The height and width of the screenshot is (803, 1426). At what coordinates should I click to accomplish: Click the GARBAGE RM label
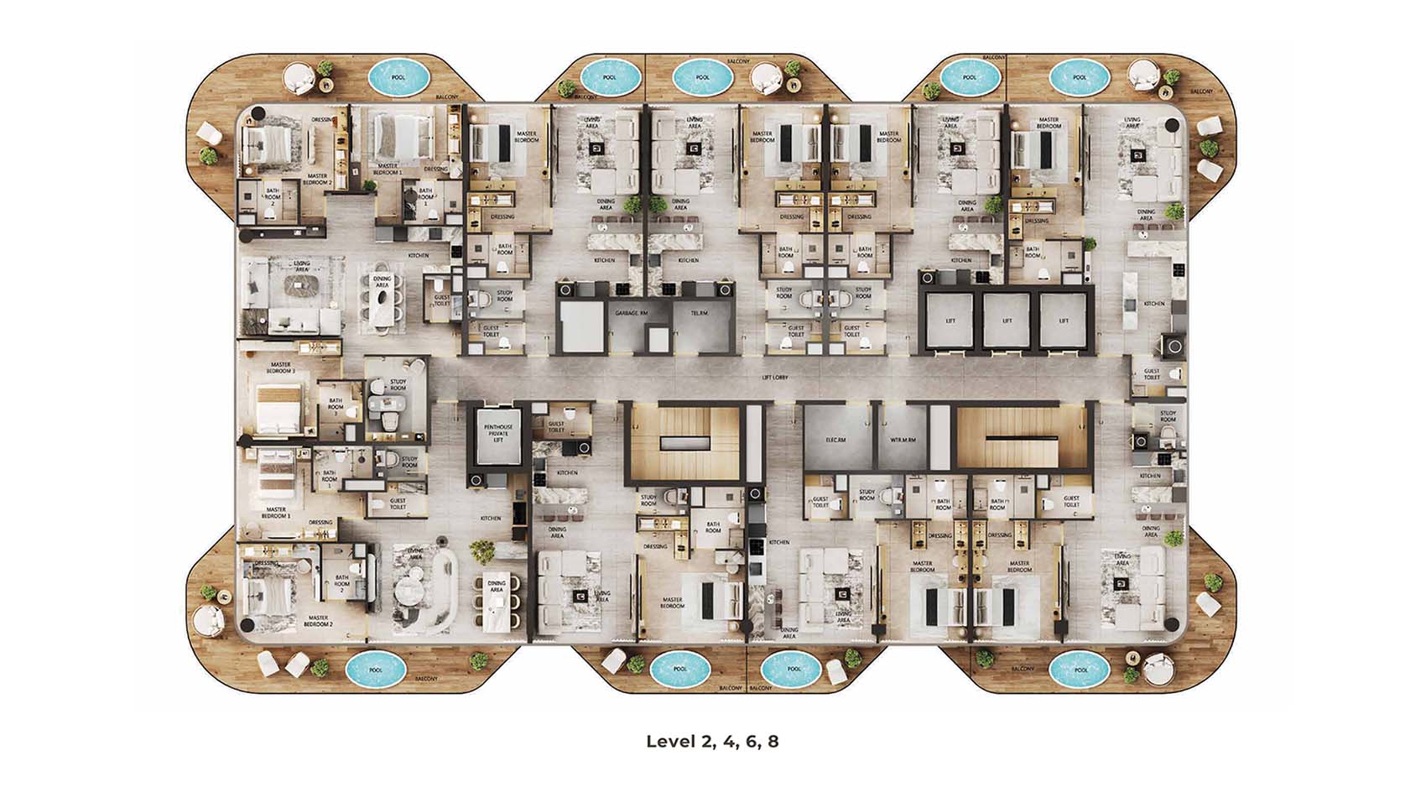(632, 313)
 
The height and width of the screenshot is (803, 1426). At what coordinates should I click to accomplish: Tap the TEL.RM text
(699, 313)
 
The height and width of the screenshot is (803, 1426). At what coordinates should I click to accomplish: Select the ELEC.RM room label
(834, 440)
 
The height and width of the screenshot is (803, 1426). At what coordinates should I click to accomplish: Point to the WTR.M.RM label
(903, 440)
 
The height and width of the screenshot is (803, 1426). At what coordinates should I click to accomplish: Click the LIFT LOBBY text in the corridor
(774, 378)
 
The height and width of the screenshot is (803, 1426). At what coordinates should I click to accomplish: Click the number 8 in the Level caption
(773, 742)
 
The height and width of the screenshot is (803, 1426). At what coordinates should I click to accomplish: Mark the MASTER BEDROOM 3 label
(279, 368)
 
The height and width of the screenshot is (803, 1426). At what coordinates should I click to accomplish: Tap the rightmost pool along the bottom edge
(1080, 670)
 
